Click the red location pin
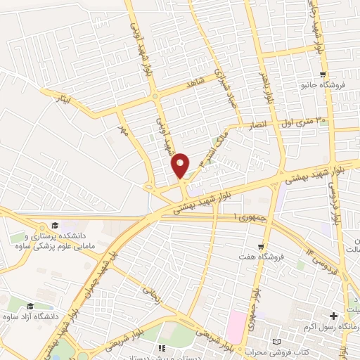click(x=180, y=165)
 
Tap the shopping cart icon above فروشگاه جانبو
click(x=323, y=75)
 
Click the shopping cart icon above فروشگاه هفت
click(x=262, y=247)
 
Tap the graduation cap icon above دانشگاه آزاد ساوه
click(x=30, y=307)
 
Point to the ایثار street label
click(x=64, y=101)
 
